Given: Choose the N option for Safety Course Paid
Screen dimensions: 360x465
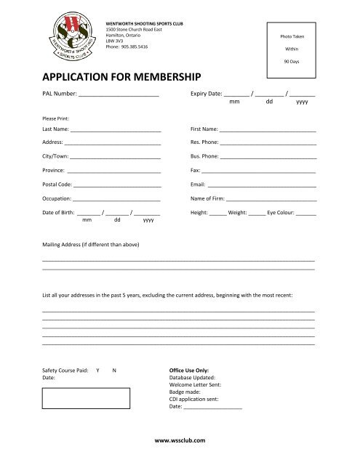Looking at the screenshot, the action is [113, 371].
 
